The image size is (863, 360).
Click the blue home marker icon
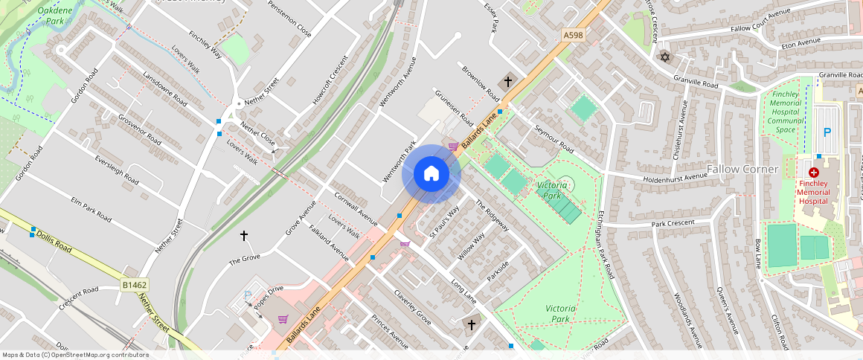[x=431, y=174]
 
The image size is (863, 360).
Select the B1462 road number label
[x=134, y=284]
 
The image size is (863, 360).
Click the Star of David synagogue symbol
[x=664, y=57]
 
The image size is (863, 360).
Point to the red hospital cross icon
[x=814, y=172]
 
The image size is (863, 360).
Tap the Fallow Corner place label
[x=742, y=169]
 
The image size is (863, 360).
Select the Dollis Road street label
[x=53, y=240]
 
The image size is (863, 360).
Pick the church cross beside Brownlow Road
[x=508, y=81]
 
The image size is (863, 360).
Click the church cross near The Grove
[x=243, y=236]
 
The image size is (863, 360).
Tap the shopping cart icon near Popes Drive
[x=283, y=319]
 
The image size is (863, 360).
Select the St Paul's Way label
[x=444, y=222]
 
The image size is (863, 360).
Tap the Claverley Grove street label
[x=412, y=307]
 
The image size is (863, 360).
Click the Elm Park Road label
[x=91, y=210]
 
